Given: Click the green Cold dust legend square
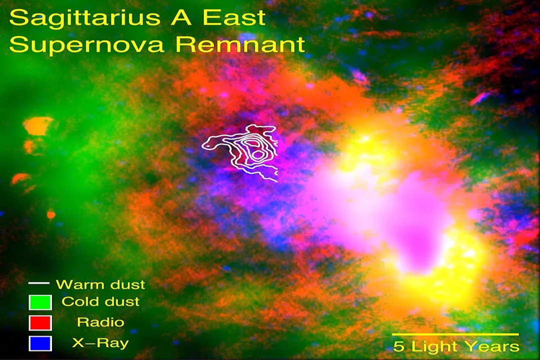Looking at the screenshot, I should click(40, 302).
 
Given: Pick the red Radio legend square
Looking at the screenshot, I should click(40, 322).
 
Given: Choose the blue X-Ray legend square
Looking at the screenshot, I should click(40, 343).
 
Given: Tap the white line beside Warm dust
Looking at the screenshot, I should click(39, 283).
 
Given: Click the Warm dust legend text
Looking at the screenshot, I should click(100, 284).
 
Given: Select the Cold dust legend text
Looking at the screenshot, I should click(100, 302).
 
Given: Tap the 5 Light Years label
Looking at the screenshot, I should click(456, 346).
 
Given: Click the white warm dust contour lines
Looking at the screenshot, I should click(245, 150).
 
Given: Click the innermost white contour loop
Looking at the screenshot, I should click(256, 154).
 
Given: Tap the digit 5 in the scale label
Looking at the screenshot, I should click(398, 346).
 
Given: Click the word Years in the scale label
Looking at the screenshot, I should click(492, 346).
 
